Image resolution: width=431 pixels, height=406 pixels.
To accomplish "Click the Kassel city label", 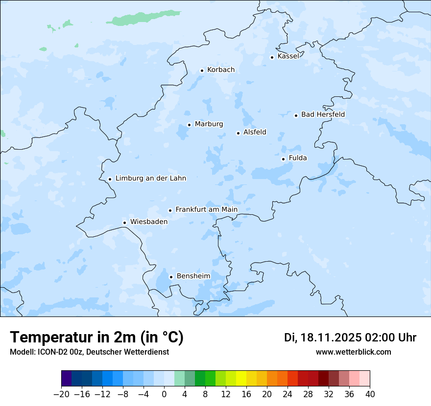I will pyautogui.click(x=288, y=56).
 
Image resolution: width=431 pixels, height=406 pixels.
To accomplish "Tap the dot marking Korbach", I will pyautogui.click(x=202, y=70).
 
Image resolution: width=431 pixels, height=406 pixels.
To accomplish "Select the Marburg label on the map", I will pyautogui.click(x=209, y=124).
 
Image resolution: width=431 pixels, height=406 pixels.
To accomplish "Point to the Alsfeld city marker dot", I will pyautogui.click(x=238, y=133).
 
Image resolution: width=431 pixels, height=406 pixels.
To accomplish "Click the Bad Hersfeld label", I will pyautogui.click(x=323, y=114).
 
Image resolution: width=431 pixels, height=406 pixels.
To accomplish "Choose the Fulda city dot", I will pyautogui.click(x=283, y=159).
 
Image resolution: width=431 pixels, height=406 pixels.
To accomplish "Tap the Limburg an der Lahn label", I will pyautogui.click(x=150, y=179).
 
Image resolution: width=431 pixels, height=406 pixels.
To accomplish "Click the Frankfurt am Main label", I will pyautogui.click(x=206, y=210).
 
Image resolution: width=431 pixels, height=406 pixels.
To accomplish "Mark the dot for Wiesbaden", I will pyautogui.click(x=125, y=223).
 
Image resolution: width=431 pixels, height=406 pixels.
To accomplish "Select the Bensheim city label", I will pyautogui.click(x=193, y=276).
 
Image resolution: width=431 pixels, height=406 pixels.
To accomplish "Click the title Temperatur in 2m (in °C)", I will pyautogui.click(x=97, y=337).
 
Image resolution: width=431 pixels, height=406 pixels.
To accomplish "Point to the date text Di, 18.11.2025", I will pyautogui.click(x=322, y=338).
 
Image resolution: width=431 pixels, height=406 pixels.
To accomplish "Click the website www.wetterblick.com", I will pyautogui.click(x=353, y=352).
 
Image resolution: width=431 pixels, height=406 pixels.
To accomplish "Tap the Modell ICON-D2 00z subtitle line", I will pyautogui.click(x=89, y=352).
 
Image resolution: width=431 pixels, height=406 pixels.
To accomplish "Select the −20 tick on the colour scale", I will pyautogui.click(x=61, y=394).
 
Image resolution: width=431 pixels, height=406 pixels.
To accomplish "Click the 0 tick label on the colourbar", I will pyautogui.click(x=164, y=394).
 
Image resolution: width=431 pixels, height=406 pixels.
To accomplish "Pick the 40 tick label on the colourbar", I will pyautogui.click(x=370, y=394).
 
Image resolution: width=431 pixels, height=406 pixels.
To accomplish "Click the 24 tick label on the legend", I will pyautogui.click(x=287, y=394).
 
